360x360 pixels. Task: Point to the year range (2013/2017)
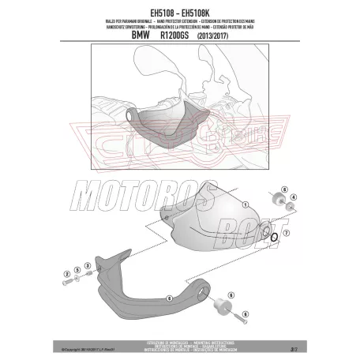click(x=232, y=36)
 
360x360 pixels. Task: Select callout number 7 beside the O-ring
click(x=287, y=235)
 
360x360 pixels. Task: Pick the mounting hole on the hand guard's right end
click(x=249, y=228)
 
